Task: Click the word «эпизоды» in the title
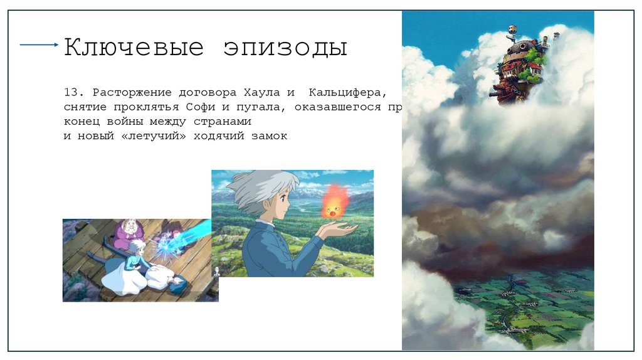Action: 285,48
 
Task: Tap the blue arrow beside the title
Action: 39,45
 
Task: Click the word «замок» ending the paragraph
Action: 270,135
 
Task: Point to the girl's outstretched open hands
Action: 335,230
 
